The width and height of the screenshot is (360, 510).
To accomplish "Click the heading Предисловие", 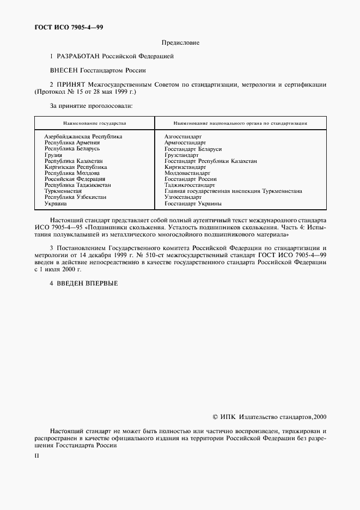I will click(180, 42).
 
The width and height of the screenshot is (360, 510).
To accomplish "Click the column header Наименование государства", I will click(94, 124).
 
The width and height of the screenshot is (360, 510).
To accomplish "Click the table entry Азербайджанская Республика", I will click(83, 136).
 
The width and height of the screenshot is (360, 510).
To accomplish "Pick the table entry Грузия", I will click(53, 155).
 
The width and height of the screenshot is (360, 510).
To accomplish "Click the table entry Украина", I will click(56, 203).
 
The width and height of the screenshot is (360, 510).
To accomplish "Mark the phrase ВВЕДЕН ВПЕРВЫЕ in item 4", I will click(87, 283).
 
